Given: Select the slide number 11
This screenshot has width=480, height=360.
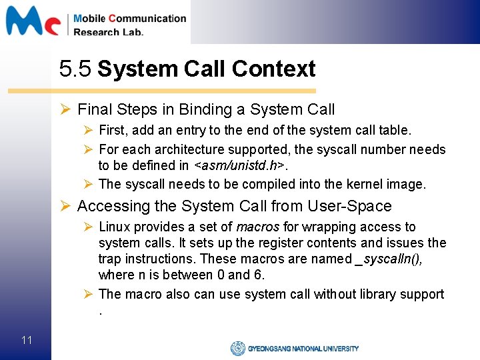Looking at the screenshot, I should pyautogui.click(x=27, y=341).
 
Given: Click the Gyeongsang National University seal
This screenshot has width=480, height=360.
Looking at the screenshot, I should pyautogui.click(x=237, y=348).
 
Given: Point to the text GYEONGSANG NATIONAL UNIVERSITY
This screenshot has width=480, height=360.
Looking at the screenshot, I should pyautogui.click(x=303, y=348).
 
